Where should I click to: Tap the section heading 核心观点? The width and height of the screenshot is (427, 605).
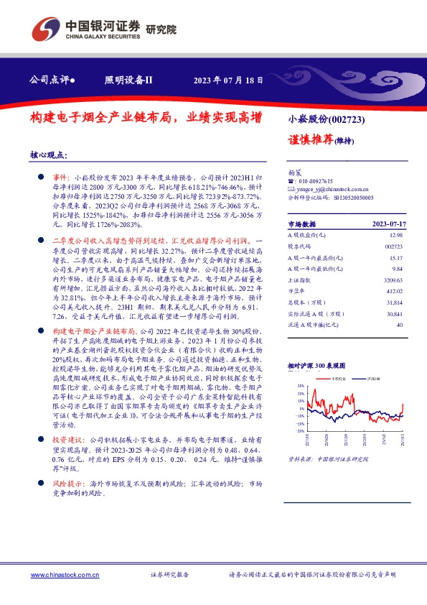pyautogui.click(x=49, y=154)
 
